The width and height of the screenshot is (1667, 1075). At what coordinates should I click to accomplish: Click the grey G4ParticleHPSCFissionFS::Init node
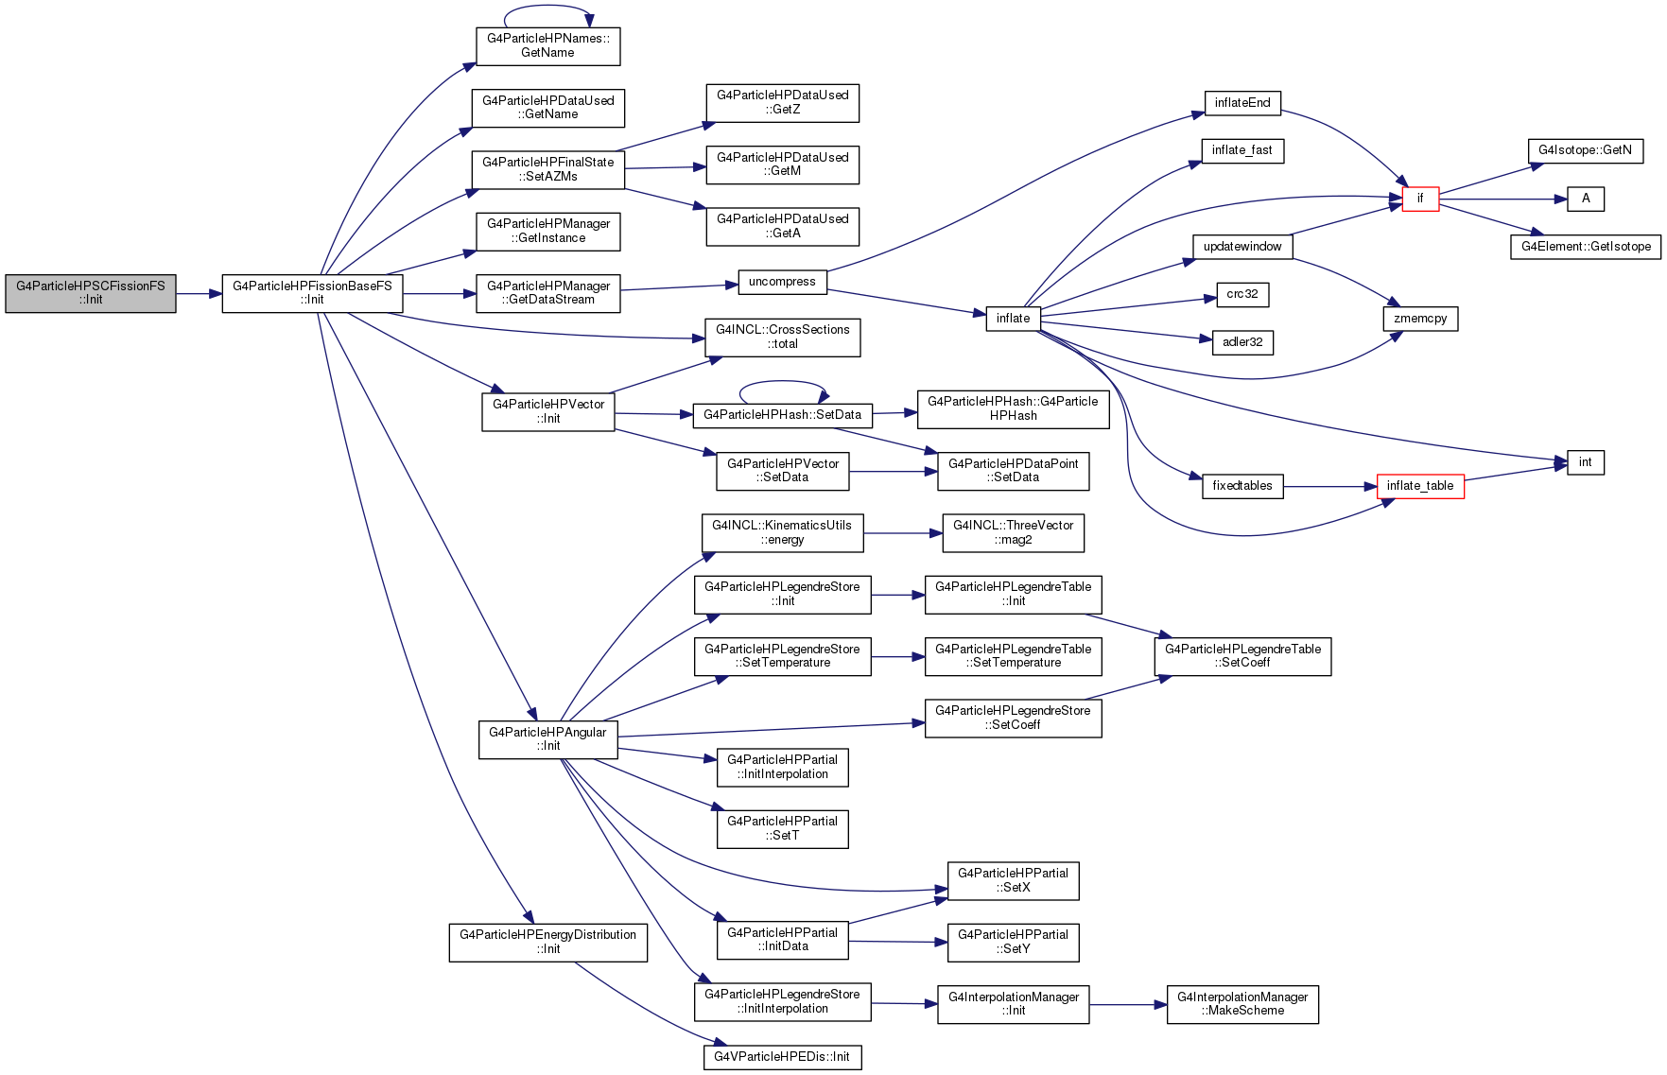point(91,293)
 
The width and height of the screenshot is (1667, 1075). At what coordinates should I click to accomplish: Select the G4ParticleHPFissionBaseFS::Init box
point(312,293)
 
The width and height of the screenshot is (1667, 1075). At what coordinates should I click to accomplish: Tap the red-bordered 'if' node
point(1420,199)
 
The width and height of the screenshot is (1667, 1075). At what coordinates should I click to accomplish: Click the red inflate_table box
point(1420,486)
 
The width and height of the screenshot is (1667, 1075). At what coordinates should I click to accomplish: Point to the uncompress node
point(782,282)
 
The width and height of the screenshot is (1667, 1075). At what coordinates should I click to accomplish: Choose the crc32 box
point(1242,294)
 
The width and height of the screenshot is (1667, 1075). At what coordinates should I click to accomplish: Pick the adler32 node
point(1242,342)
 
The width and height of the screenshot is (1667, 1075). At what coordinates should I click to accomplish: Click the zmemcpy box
point(1420,319)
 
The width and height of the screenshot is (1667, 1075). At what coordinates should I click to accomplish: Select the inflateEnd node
point(1242,103)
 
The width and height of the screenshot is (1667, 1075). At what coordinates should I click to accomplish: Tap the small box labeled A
point(1586,199)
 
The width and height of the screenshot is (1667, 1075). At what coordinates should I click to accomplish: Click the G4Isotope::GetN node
point(1586,150)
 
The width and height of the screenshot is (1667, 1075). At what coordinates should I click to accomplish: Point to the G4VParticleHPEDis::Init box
point(782,1057)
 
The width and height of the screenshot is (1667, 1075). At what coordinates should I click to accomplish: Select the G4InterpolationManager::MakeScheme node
point(1242,1004)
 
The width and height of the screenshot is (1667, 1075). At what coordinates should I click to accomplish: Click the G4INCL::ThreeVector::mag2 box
point(1013,533)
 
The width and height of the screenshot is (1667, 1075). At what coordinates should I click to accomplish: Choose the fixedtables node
point(1242,486)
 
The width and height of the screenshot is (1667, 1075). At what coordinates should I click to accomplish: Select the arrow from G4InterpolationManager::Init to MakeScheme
point(1128,1004)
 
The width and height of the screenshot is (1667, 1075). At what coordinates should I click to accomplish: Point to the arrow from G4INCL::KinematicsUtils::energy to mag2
point(903,533)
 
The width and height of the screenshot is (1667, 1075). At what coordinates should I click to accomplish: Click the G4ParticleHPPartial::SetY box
point(1013,943)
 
